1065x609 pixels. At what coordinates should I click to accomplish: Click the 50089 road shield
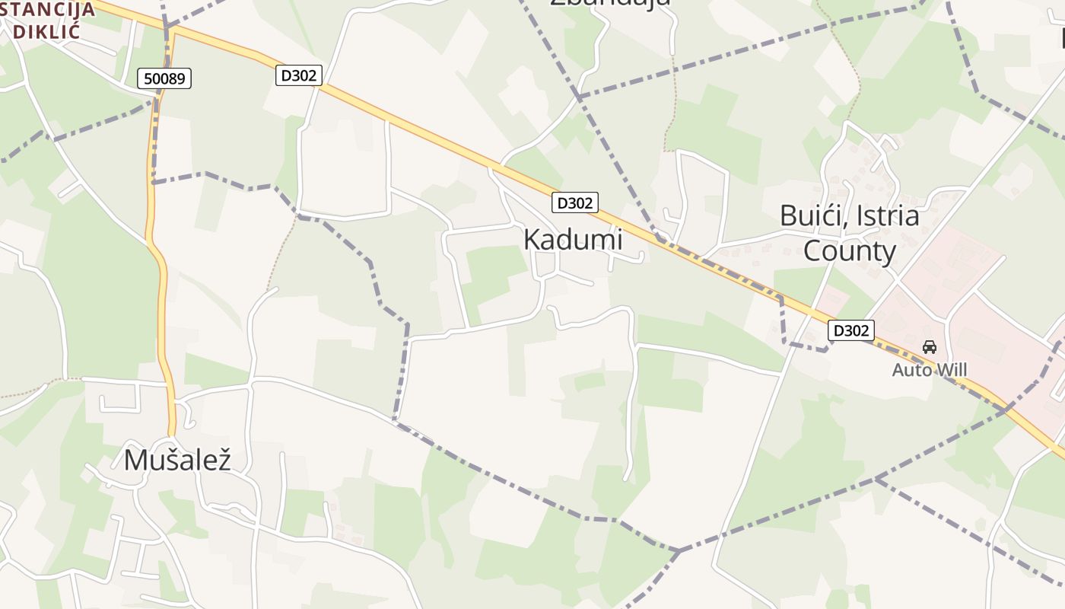coord(164,78)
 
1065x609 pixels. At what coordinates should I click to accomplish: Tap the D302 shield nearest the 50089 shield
coord(299,75)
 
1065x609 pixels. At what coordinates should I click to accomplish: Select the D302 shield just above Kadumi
coord(574,202)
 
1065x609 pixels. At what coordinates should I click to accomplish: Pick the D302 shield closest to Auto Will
coord(850,330)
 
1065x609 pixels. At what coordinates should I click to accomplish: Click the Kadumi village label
coord(573,239)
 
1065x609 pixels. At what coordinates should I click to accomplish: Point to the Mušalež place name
coord(176,460)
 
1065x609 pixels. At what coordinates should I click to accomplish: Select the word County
coord(850,251)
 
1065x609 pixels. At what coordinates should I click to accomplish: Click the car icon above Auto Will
coord(929,347)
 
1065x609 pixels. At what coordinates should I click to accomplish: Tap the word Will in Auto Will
coord(951,370)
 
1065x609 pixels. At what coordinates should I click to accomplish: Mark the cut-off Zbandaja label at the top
coord(610,2)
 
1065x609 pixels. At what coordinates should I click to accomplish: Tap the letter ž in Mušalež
coord(223,460)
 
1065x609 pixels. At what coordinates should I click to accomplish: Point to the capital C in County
coord(813,251)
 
